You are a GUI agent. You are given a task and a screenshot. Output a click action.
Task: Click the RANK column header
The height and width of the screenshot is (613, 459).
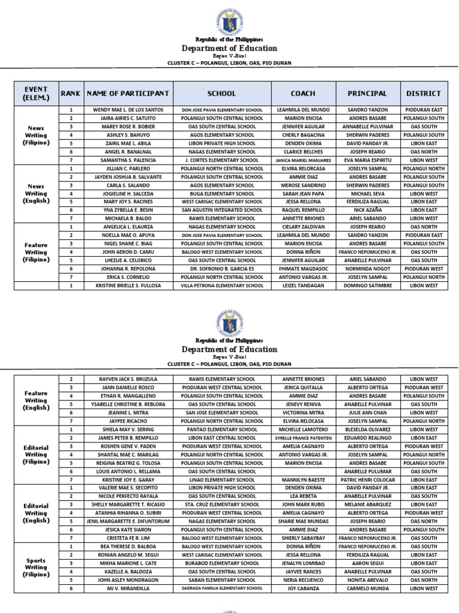click(x=71, y=94)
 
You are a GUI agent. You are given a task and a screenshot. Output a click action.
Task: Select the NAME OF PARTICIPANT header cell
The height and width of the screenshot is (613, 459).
click(x=128, y=94)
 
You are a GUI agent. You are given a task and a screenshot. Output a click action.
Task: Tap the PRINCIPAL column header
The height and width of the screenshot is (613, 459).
click(x=367, y=94)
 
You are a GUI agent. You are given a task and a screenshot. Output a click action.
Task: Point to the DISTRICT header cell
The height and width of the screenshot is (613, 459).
click(x=424, y=94)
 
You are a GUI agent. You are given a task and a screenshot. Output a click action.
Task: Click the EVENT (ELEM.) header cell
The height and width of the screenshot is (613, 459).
click(x=36, y=94)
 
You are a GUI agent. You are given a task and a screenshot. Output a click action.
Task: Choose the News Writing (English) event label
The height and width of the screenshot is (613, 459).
click(x=36, y=194)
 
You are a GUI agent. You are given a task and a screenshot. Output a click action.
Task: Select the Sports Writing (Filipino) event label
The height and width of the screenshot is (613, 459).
click(x=36, y=568)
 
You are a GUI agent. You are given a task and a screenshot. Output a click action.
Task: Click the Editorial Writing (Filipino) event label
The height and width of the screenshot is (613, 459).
click(x=36, y=454)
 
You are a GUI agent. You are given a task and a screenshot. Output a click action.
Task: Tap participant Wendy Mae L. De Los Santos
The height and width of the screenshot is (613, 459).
click(x=128, y=110)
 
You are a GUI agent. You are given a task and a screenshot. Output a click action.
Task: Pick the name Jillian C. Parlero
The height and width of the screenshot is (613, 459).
click(x=128, y=169)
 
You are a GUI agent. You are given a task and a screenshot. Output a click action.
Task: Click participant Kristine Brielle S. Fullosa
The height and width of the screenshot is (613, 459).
click(x=128, y=286)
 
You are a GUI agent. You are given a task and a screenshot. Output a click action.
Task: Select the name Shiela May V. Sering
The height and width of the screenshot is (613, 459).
click(x=128, y=430)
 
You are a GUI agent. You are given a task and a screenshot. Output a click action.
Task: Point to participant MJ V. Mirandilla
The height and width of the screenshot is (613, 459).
click(x=128, y=588)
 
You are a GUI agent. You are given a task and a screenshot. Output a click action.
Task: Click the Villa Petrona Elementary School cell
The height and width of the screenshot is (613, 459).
click(x=222, y=286)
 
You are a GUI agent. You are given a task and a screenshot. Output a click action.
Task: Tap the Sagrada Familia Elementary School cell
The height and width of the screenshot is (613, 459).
click(x=222, y=588)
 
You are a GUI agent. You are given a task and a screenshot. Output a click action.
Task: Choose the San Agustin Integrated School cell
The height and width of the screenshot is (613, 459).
click(x=222, y=211)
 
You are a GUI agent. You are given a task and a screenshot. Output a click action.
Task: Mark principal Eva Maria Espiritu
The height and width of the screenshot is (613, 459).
click(x=367, y=160)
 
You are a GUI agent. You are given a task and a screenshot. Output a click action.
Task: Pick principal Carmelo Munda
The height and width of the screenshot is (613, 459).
click(x=367, y=588)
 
